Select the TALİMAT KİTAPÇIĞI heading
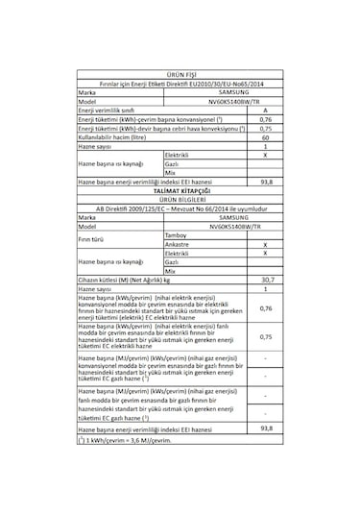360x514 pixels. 179,191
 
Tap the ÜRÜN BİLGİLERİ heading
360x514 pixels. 179,200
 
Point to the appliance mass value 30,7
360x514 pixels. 266,279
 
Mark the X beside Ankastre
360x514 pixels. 265,244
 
